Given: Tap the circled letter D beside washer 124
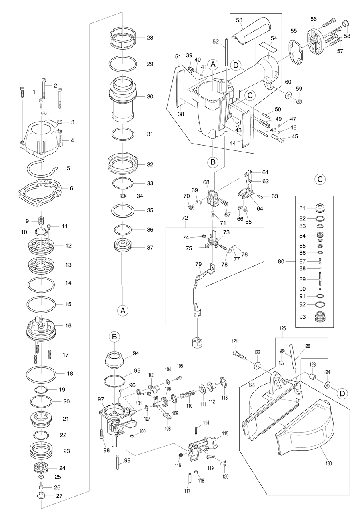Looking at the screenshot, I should pyautogui.click(x=341, y=393).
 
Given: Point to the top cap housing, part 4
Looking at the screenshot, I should pyautogui.click(x=40, y=138).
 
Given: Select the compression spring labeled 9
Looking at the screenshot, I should pyautogui.click(x=40, y=220).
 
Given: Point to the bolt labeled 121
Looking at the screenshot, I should pyautogui.click(x=240, y=354).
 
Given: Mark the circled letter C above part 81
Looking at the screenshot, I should pyautogui.click(x=320, y=180).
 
